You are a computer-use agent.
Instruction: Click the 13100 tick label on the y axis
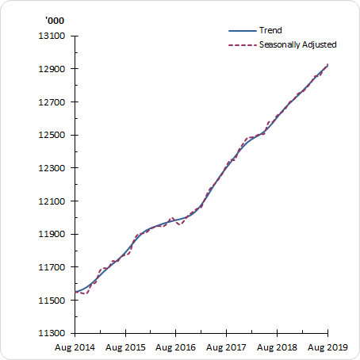pos(52,36)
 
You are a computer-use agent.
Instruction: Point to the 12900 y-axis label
pos(52,69)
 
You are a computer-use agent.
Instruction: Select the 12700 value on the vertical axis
pos(52,102)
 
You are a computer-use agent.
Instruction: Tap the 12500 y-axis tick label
pos(52,135)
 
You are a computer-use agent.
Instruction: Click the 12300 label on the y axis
pos(52,168)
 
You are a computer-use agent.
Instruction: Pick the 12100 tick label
pos(52,201)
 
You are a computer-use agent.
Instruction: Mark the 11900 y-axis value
pos(52,235)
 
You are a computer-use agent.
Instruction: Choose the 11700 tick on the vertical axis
pos(52,267)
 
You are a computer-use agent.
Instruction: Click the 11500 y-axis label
pos(52,301)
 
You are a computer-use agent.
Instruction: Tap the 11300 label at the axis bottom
pos(52,334)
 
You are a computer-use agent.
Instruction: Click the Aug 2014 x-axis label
pos(75,347)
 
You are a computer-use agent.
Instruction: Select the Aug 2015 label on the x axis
pos(125,347)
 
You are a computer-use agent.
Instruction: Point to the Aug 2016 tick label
pos(175,347)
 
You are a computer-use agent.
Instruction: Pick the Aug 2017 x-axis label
pos(226,347)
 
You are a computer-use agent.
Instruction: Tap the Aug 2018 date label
pos(277,347)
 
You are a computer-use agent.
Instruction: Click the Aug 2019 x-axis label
pos(327,347)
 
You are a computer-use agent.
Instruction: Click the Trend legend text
pos(270,30)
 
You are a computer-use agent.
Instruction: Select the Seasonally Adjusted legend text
pos(298,44)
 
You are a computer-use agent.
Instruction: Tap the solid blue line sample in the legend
pos(240,30)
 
